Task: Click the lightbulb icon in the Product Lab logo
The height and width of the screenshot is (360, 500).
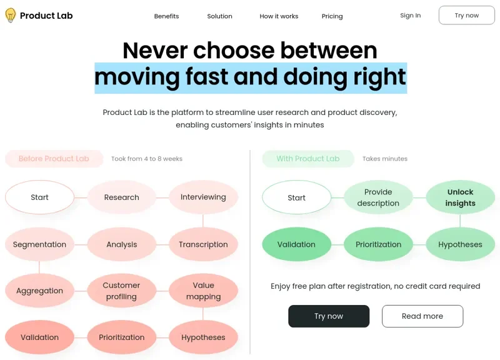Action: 11,16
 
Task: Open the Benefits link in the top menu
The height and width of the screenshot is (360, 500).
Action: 166,16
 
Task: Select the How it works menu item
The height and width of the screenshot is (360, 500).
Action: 279,16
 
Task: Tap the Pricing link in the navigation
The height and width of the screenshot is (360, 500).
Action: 332,16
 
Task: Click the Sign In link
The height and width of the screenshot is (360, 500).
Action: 410,16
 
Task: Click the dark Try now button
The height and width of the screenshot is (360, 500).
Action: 328,316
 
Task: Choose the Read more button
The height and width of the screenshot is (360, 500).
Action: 422,316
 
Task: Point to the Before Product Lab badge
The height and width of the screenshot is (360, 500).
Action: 54,159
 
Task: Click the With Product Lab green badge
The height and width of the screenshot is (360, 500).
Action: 307,159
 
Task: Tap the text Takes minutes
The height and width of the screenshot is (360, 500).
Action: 384,159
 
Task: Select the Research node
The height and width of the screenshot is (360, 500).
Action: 121,197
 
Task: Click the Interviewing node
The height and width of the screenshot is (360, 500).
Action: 203,197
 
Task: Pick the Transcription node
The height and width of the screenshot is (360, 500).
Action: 203,244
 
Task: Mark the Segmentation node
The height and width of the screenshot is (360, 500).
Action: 39,244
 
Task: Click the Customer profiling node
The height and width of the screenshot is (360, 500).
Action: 121,291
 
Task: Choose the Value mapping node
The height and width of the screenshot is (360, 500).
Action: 203,291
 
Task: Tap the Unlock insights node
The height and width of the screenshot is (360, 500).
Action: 460,197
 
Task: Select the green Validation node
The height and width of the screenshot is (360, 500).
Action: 296,244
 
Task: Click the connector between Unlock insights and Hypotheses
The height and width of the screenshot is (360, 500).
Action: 460,221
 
